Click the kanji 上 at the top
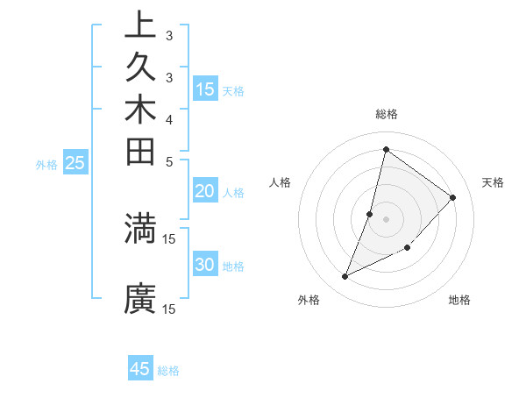[140, 25]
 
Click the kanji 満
[140, 228]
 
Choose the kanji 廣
[140, 298]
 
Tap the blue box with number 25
[75, 163]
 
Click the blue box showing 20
[205, 192]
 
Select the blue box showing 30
[205, 266]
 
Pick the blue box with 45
[140, 369]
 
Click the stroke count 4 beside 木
[169, 118]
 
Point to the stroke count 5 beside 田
[169, 161]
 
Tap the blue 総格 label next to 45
[168, 371]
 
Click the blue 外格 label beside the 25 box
[46, 164]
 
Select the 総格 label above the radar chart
[386, 114]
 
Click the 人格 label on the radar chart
[281, 182]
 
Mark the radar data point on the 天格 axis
[453, 197]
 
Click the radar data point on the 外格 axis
[345, 276]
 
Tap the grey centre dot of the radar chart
[386, 218]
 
